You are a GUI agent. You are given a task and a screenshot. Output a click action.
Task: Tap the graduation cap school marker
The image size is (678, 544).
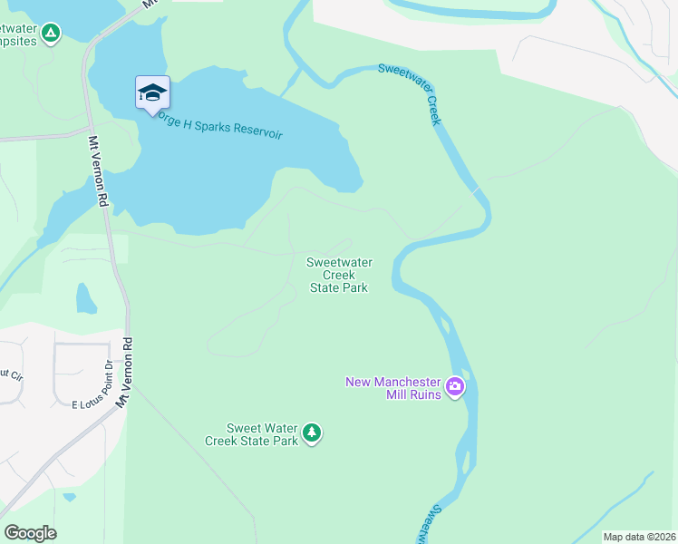click(152, 92)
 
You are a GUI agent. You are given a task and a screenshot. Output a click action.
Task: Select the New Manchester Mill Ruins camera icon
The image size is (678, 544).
click(455, 388)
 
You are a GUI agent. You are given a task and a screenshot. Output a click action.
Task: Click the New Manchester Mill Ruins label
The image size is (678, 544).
click(393, 387)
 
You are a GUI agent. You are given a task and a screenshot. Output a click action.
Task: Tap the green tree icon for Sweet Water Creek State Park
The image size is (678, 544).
click(312, 433)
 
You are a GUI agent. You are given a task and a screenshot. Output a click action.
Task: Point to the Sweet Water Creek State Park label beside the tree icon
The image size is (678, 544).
click(263, 434)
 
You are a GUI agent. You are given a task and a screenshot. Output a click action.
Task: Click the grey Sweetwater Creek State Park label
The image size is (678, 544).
click(339, 275)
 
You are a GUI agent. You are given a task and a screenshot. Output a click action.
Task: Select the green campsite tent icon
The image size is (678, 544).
click(52, 34)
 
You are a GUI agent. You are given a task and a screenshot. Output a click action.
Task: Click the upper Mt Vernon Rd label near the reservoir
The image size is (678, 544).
click(99, 172)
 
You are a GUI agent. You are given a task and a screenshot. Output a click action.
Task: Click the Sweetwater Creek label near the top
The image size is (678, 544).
click(422, 93)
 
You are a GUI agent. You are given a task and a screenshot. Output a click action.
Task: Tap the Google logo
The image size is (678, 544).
click(30, 533)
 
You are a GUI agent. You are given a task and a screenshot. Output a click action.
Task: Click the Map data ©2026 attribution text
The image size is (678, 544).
click(639, 537)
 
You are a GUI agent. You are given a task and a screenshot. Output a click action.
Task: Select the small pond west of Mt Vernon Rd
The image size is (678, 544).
click(86, 298)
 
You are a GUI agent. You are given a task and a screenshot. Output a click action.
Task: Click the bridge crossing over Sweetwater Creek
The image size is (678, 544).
click(475, 190)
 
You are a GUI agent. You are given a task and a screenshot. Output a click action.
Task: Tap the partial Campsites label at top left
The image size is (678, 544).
click(18, 41)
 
